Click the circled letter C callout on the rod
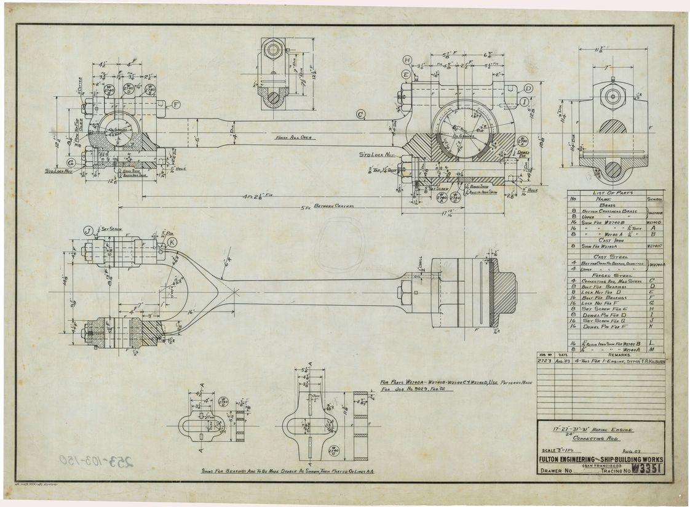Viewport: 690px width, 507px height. click(x=361, y=114)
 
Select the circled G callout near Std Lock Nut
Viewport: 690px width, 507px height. click(x=71, y=162)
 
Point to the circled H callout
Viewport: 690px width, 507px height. click(x=407, y=60)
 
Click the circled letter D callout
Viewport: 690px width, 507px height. click(x=528, y=88)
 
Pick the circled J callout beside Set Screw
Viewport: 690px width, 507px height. click(x=89, y=231)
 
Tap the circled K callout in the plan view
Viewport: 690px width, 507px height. click(x=172, y=242)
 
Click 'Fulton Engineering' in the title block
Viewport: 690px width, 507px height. click(x=570, y=460)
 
